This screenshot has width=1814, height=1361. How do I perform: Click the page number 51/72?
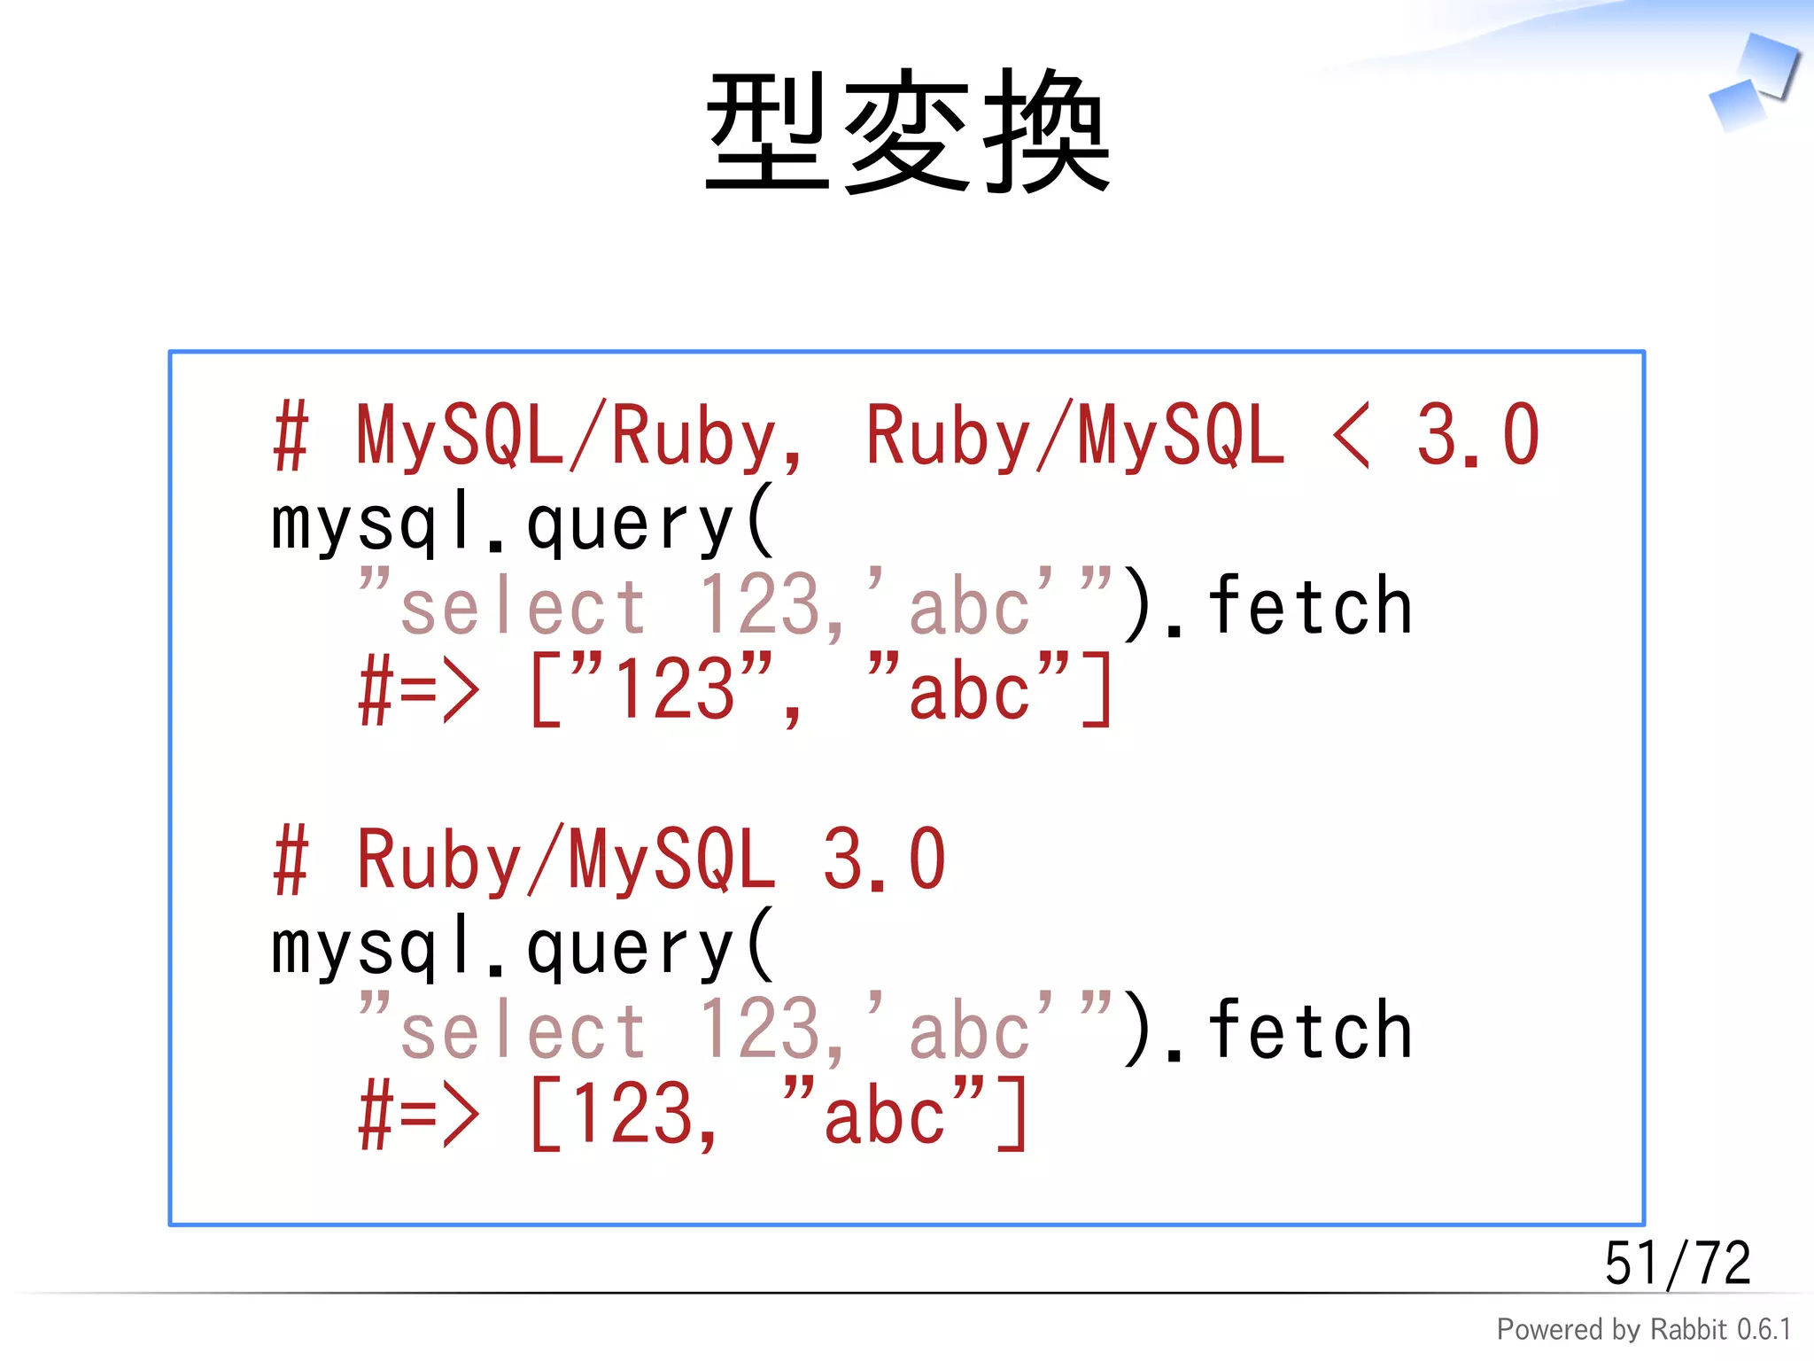(1678, 1263)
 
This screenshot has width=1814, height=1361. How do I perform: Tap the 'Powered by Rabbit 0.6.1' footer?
(1644, 1329)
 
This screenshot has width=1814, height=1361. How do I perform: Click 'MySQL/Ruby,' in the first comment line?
(580, 436)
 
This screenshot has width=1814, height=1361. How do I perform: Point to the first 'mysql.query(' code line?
(523, 523)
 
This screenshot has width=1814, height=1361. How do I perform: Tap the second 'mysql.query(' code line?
(523, 946)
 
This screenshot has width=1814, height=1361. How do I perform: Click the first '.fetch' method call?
(1289, 606)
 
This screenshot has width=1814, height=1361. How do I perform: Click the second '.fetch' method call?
(1289, 1030)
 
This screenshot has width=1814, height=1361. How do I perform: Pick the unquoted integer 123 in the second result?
(633, 1113)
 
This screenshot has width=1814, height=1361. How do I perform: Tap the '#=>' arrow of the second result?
(419, 1115)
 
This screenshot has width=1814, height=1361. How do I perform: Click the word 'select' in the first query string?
(523, 608)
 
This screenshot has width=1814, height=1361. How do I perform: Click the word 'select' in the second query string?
(523, 1031)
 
